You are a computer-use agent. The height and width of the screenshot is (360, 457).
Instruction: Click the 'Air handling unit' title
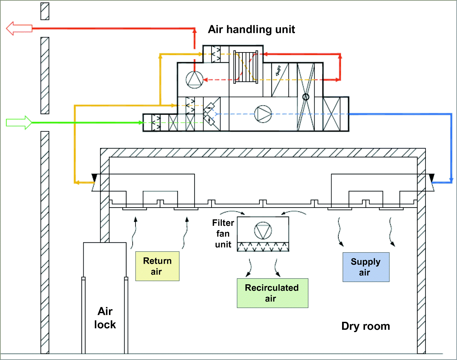pos(251,30)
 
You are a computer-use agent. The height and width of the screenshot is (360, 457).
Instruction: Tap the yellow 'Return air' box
pos(157,266)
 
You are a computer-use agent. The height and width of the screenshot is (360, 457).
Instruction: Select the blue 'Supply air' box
pos(366,267)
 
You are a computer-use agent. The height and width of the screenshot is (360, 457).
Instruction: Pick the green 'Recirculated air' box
pos(272,293)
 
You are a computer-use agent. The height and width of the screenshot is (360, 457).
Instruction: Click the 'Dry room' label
pos(365,326)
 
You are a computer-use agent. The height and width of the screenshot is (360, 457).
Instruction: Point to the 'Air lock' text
pos(105,318)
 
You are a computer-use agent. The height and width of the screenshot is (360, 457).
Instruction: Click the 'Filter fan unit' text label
pos(223,233)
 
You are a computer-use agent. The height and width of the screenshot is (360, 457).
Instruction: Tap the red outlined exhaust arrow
pos(19,28)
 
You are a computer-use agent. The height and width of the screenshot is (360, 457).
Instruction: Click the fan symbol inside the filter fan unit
pos(263,230)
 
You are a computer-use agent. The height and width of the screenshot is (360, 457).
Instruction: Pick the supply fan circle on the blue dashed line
pos(263,114)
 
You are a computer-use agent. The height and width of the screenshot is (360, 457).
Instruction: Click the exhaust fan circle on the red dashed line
pos(194,80)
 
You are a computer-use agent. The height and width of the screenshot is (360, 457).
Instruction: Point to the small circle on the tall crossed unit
pos(306,97)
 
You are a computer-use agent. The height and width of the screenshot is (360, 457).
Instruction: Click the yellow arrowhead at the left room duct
pos(77,182)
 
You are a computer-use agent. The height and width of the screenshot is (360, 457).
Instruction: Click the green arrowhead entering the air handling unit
pos(141,123)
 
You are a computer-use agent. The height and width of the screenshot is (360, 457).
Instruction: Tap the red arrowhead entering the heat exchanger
pos(262,54)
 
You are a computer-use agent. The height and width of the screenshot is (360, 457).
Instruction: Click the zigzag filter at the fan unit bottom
pos(263,247)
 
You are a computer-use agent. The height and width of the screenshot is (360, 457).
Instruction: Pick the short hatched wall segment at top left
pos(45,11)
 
